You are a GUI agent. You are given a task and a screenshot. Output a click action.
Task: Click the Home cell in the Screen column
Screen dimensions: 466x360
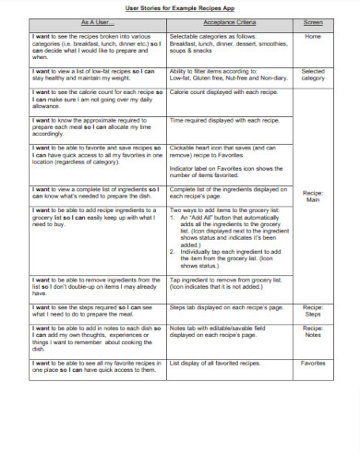pyautogui.click(x=313, y=37)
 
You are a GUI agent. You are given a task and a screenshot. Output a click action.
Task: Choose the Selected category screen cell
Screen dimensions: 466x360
pyautogui.click(x=313, y=75)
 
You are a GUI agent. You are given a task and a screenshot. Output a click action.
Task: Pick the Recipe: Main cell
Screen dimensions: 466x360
pyautogui.click(x=313, y=195)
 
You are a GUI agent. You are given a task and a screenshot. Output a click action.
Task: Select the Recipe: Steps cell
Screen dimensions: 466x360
pyautogui.click(x=313, y=310)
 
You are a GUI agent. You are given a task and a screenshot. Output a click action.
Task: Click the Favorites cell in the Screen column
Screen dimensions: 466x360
pyautogui.click(x=313, y=363)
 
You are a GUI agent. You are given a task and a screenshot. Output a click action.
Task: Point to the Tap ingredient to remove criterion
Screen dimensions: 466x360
pyautogui.click(x=225, y=283)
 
